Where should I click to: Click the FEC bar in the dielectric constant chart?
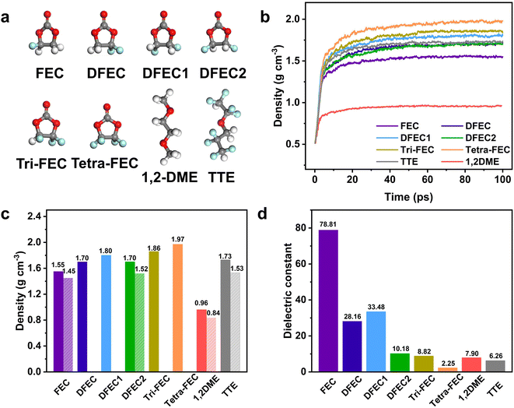click(328, 301)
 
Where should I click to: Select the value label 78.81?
click(328, 225)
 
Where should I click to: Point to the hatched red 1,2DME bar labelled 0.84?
click(212, 345)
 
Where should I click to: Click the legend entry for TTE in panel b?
click(397, 161)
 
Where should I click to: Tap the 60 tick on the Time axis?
click(428, 180)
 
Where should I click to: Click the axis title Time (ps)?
click(408, 197)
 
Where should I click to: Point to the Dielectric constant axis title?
click(288, 290)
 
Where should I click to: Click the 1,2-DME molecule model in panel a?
click(167, 127)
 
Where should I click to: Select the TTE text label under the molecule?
click(222, 178)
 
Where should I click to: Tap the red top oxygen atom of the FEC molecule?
click(47, 15)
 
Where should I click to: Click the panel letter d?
click(263, 214)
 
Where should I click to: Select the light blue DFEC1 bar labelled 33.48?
click(376, 341)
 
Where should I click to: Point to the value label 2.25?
click(449, 364)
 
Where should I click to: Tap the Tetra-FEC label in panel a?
click(105, 164)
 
